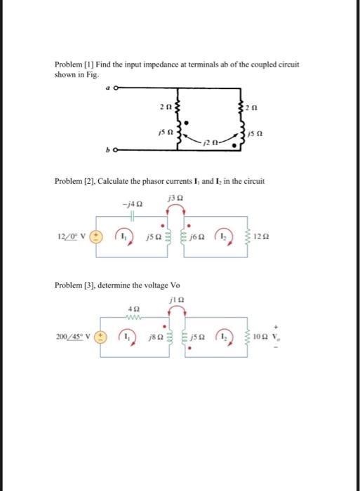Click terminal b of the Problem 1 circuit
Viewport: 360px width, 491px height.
[113, 149]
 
